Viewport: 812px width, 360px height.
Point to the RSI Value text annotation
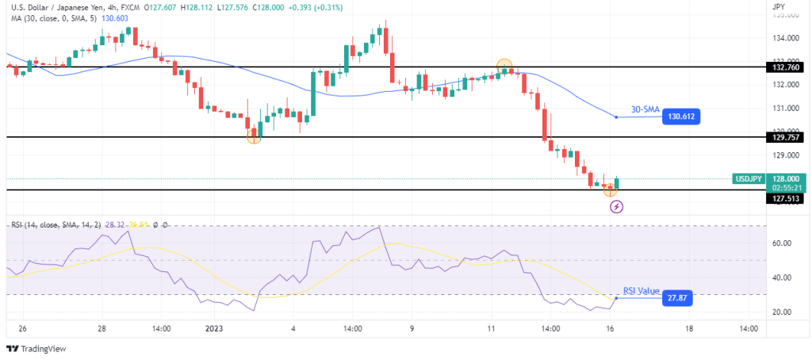point(641,291)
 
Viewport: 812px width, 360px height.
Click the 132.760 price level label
point(786,67)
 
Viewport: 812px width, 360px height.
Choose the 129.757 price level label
point(786,137)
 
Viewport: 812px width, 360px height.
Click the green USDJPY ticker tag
point(749,178)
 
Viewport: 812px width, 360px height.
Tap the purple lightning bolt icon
point(616,207)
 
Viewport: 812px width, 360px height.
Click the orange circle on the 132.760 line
point(504,67)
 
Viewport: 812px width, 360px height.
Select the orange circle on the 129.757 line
point(254,136)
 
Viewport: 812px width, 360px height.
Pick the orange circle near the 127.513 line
point(610,190)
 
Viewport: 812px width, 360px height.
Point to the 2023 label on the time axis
point(214,328)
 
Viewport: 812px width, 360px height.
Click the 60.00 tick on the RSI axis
point(782,243)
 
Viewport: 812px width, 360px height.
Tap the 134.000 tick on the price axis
point(784,37)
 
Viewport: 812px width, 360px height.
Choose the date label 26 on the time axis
point(21,328)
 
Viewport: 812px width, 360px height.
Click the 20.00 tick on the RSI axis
point(782,312)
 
